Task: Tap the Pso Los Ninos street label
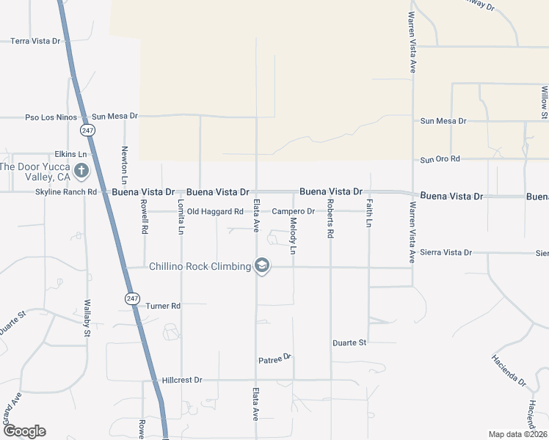[51, 117]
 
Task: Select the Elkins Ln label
[70, 155]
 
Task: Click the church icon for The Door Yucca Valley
[81, 172]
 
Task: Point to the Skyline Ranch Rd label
[66, 192]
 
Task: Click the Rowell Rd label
[145, 218]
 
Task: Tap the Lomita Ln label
[181, 218]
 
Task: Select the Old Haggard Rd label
[215, 212]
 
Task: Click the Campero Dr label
[293, 212]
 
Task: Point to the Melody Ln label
[293, 236]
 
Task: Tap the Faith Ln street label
[369, 213]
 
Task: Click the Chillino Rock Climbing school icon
[262, 266]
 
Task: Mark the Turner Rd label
[163, 306]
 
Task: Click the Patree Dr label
[275, 359]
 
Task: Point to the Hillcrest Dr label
[182, 381]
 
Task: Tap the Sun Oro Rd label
[440, 159]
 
